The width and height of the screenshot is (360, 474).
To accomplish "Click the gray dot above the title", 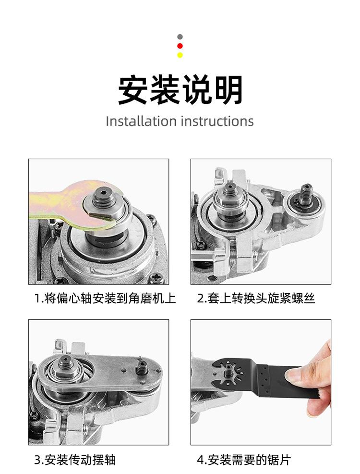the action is (x=180, y=37).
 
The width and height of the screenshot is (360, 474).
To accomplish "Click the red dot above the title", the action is (x=180, y=46).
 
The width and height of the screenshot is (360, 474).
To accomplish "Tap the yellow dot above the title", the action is (x=180, y=55).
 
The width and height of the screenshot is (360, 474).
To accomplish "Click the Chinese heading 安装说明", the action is (x=180, y=90).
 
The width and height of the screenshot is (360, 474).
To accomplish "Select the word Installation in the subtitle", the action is (x=141, y=121).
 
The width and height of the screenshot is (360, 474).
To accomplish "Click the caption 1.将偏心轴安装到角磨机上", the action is (x=105, y=299).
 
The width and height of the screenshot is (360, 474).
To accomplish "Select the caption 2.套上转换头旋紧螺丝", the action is (x=256, y=299).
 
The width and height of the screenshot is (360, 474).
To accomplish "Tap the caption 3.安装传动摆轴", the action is (x=75, y=460).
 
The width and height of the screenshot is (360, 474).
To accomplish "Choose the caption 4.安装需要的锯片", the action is (x=244, y=460).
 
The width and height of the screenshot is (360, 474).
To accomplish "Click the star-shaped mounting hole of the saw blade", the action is (x=229, y=370).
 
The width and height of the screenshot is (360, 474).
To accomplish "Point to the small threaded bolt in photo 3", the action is (x=141, y=367).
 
